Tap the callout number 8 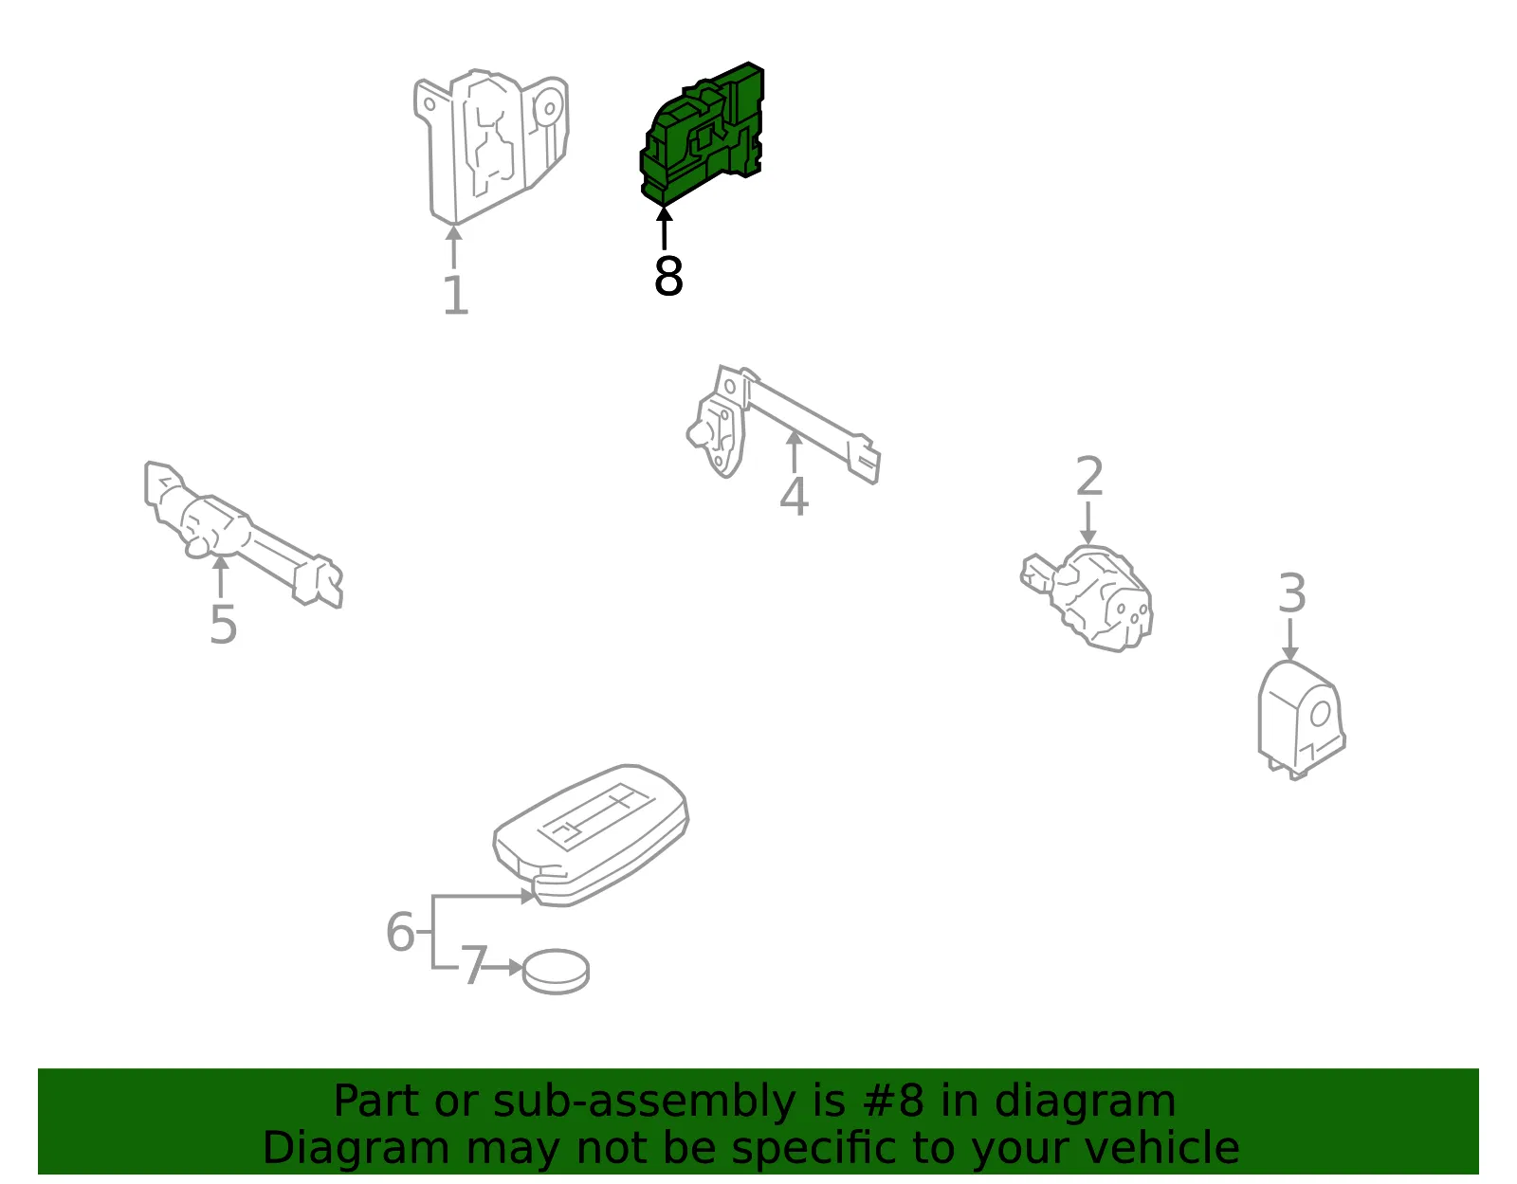[x=668, y=276]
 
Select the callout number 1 [x=456, y=295]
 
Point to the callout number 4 [x=794, y=496]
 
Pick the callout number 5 [x=224, y=625]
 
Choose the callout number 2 [x=1089, y=476]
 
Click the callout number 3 [x=1291, y=593]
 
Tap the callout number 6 [x=400, y=932]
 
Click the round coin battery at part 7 [x=556, y=972]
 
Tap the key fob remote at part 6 [x=591, y=835]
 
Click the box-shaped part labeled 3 [x=1301, y=720]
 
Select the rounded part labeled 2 [x=1087, y=598]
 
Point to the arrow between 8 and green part [x=664, y=228]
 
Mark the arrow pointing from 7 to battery [x=503, y=968]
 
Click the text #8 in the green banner [x=893, y=1102]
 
